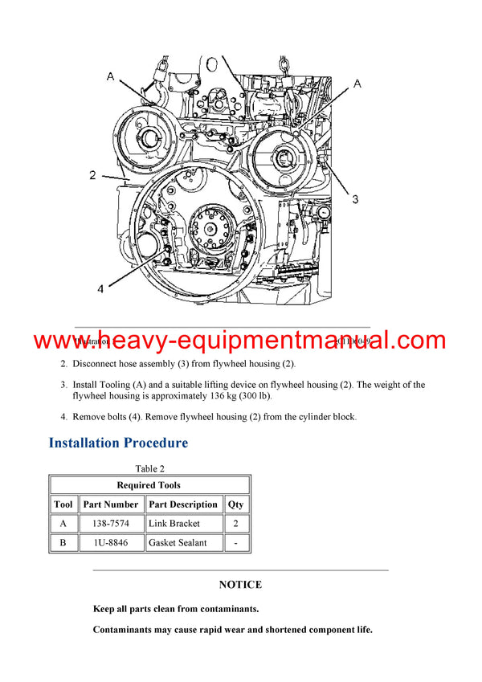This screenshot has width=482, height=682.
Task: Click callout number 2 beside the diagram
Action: tap(92, 174)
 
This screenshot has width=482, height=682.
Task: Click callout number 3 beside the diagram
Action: tap(356, 199)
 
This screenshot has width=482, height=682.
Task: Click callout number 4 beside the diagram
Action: tap(100, 289)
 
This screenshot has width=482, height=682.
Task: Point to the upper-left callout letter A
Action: tap(110, 76)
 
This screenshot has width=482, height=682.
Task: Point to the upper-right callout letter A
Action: tap(357, 83)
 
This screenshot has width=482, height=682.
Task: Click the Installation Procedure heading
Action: tap(118, 443)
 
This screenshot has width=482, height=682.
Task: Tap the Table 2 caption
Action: tap(149, 469)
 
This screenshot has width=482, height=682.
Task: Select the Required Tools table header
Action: tap(149, 485)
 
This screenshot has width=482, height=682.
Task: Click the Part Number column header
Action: tap(110, 504)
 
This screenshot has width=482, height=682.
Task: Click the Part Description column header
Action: tap(183, 504)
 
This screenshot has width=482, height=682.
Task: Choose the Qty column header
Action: tap(236, 504)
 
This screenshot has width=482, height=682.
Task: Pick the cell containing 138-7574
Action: tap(110, 524)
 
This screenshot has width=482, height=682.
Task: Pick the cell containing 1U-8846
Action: tap(110, 543)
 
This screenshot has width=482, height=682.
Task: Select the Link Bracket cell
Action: tap(174, 524)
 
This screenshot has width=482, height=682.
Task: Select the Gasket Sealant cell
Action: tap(178, 543)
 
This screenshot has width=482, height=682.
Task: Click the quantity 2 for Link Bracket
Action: tap(236, 524)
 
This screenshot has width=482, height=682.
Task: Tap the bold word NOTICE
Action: tap(240, 585)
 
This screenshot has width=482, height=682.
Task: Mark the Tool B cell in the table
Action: tap(63, 543)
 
